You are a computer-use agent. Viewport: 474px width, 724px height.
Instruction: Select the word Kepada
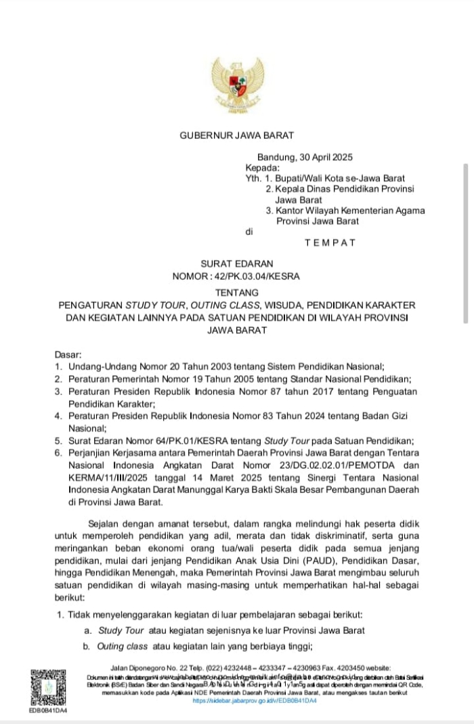(x=261, y=168)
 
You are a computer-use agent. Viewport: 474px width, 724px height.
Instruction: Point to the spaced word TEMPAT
(x=330, y=242)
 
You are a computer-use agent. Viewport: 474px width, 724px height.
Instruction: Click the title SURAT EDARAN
(x=236, y=264)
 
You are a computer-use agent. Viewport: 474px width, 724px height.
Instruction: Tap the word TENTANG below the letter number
(x=236, y=293)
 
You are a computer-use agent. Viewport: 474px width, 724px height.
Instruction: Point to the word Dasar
(x=68, y=354)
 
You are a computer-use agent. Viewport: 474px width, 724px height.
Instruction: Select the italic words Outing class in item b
(x=123, y=647)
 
